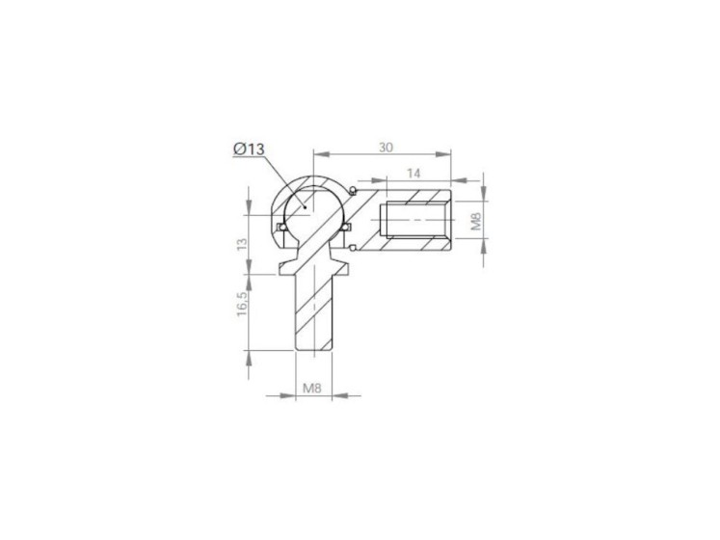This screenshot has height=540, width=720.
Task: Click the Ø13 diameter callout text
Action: (249, 148)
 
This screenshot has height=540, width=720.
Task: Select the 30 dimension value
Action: (386, 148)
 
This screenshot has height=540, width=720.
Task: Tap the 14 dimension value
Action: (413, 174)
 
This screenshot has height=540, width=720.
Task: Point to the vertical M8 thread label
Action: (476, 221)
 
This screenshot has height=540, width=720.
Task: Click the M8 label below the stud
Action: (312, 389)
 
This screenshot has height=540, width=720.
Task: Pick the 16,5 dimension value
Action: (242, 304)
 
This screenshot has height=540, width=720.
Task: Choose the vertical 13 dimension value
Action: (242, 243)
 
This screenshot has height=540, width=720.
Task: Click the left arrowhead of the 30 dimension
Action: (320, 154)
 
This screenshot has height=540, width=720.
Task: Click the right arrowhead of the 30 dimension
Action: (443, 154)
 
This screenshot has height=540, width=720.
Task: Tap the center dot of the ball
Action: (305, 207)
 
